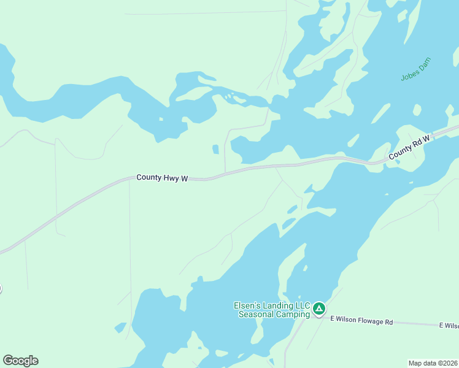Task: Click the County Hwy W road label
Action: click(161, 178)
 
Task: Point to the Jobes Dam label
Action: click(416, 69)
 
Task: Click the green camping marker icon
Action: click(318, 308)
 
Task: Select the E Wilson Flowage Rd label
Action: click(361, 321)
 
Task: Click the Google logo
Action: click(20, 360)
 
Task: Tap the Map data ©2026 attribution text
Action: click(433, 362)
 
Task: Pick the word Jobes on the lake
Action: click(409, 74)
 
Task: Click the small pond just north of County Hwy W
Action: click(215, 149)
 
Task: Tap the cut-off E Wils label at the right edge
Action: click(449, 325)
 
